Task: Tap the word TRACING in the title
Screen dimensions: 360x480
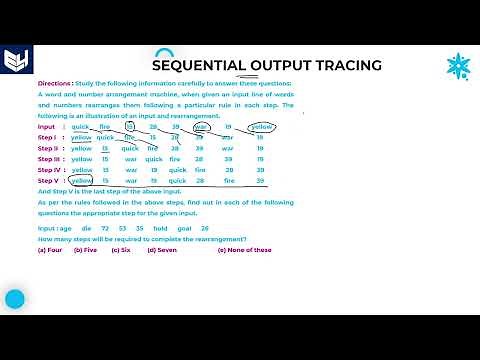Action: click(346, 66)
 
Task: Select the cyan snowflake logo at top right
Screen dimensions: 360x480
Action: click(458, 66)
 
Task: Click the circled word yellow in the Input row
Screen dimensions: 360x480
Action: click(261, 127)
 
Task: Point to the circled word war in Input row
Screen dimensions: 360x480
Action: click(201, 127)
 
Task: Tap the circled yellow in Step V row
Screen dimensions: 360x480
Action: click(81, 181)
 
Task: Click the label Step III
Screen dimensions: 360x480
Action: click(51, 159)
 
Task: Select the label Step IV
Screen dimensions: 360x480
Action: click(51, 170)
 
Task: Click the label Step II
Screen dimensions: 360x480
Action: click(50, 148)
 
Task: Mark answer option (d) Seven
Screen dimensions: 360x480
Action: click(162, 250)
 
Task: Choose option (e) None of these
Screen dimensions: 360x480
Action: click(244, 250)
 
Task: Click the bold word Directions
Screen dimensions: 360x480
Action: click(56, 84)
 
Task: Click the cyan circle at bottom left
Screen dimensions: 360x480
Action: click(15, 299)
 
